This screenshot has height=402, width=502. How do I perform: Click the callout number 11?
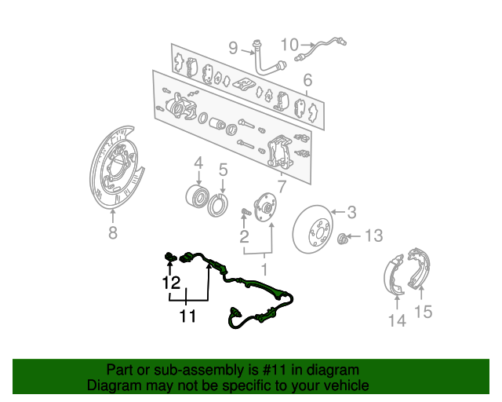pos(187,316)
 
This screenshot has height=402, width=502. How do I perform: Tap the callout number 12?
pos(171,283)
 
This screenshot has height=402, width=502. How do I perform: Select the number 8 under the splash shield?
pos(113,232)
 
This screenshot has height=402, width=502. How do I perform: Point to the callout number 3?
pos(351,212)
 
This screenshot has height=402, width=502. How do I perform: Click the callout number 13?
pos(373,236)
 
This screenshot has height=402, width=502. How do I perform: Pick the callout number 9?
pos(234,48)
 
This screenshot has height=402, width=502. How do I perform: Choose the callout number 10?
pos(289,45)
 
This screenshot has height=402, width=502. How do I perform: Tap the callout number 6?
pos(307,80)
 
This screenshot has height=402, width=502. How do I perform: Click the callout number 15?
pos(424,311)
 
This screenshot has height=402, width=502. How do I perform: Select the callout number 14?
pos(397,320)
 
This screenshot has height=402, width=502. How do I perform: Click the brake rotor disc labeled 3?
pos(312,229)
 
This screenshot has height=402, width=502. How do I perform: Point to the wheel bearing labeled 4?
pos(198,196)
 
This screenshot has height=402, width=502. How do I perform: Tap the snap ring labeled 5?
pos(218,206)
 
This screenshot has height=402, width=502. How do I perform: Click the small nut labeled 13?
pos(342,238)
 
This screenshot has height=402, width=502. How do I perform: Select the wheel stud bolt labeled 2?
pos(246,212)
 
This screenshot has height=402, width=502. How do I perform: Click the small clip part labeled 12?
pos(171,257)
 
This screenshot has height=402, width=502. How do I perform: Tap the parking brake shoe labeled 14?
pos(394,275)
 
